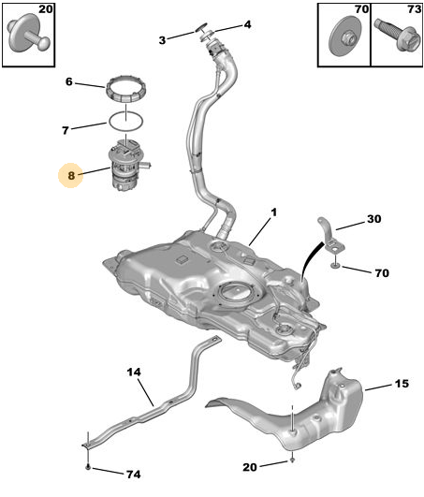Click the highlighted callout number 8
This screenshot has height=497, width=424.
tap(71, 175)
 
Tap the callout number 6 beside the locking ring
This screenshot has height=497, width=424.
tap(69, 81)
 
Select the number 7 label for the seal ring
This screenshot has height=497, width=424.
tap(66, 130)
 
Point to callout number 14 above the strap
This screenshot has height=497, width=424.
tap(134, 372)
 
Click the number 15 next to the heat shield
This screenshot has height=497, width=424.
tap(402, 384)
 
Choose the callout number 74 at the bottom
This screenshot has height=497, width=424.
tap(134, 475)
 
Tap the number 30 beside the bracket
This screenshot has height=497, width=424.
tap(374, 219)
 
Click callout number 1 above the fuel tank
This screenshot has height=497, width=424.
tap(273, 212)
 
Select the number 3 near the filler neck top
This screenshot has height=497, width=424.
tap(162, 40)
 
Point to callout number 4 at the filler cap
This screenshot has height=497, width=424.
tap(247, 24)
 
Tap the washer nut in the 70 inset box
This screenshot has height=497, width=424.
tap(346, 37)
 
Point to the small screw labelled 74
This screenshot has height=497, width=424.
tap(88, 466)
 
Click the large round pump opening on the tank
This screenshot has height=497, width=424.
tap(237, 292)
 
